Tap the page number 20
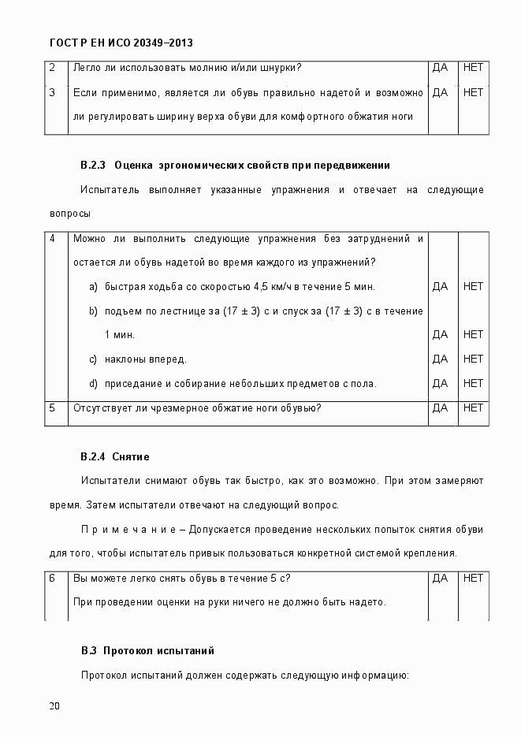click(54, 705)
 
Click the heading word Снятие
click(131, 456)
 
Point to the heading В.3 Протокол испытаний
click(147, 651)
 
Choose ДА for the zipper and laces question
click(441, 68)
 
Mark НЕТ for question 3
click(473, 92)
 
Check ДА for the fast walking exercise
click(441, 286)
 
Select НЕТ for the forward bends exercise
click(473, 359)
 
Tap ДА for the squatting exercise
click(441, 383)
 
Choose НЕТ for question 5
click(473, 408)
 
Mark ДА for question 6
click(441, 578)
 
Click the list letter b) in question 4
click(93, 311)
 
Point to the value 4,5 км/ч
click(294, 286)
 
